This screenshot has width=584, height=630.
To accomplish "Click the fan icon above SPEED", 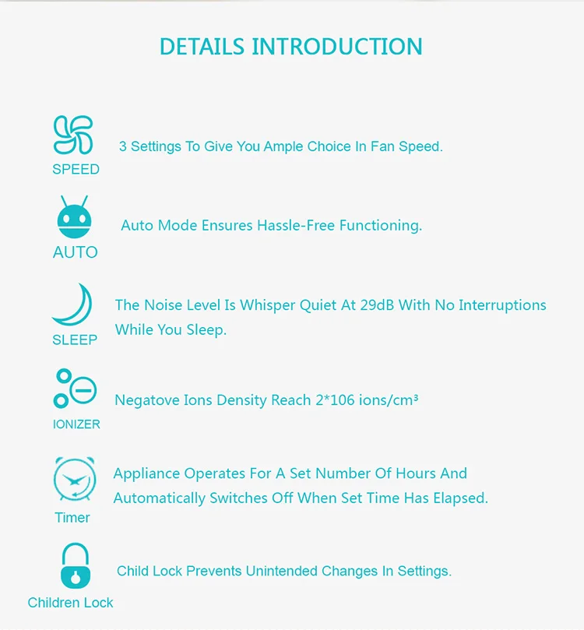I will click(73, 135).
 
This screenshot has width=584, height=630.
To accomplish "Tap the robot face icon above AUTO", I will click(75, 218).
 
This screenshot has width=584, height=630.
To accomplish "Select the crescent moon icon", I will click(73, 306).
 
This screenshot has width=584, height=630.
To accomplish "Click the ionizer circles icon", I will click(74, 388).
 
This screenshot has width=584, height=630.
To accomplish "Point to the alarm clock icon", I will click(74, 479).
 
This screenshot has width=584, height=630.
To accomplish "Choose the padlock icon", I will click(75, 565).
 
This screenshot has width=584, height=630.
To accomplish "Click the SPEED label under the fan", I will click(76, 169).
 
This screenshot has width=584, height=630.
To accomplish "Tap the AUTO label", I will click(76, 252).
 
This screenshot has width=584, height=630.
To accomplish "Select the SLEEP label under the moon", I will click(75, 340).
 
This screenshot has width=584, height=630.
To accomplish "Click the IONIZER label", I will click(76, 424).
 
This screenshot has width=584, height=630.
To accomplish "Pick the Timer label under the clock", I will click(72, 517).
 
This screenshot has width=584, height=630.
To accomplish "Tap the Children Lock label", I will click(70, 602).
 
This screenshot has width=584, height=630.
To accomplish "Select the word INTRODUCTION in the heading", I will click(337, 46).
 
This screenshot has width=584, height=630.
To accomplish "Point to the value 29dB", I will click(378, 305).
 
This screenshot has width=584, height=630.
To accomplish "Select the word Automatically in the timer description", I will click(160, 498).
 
